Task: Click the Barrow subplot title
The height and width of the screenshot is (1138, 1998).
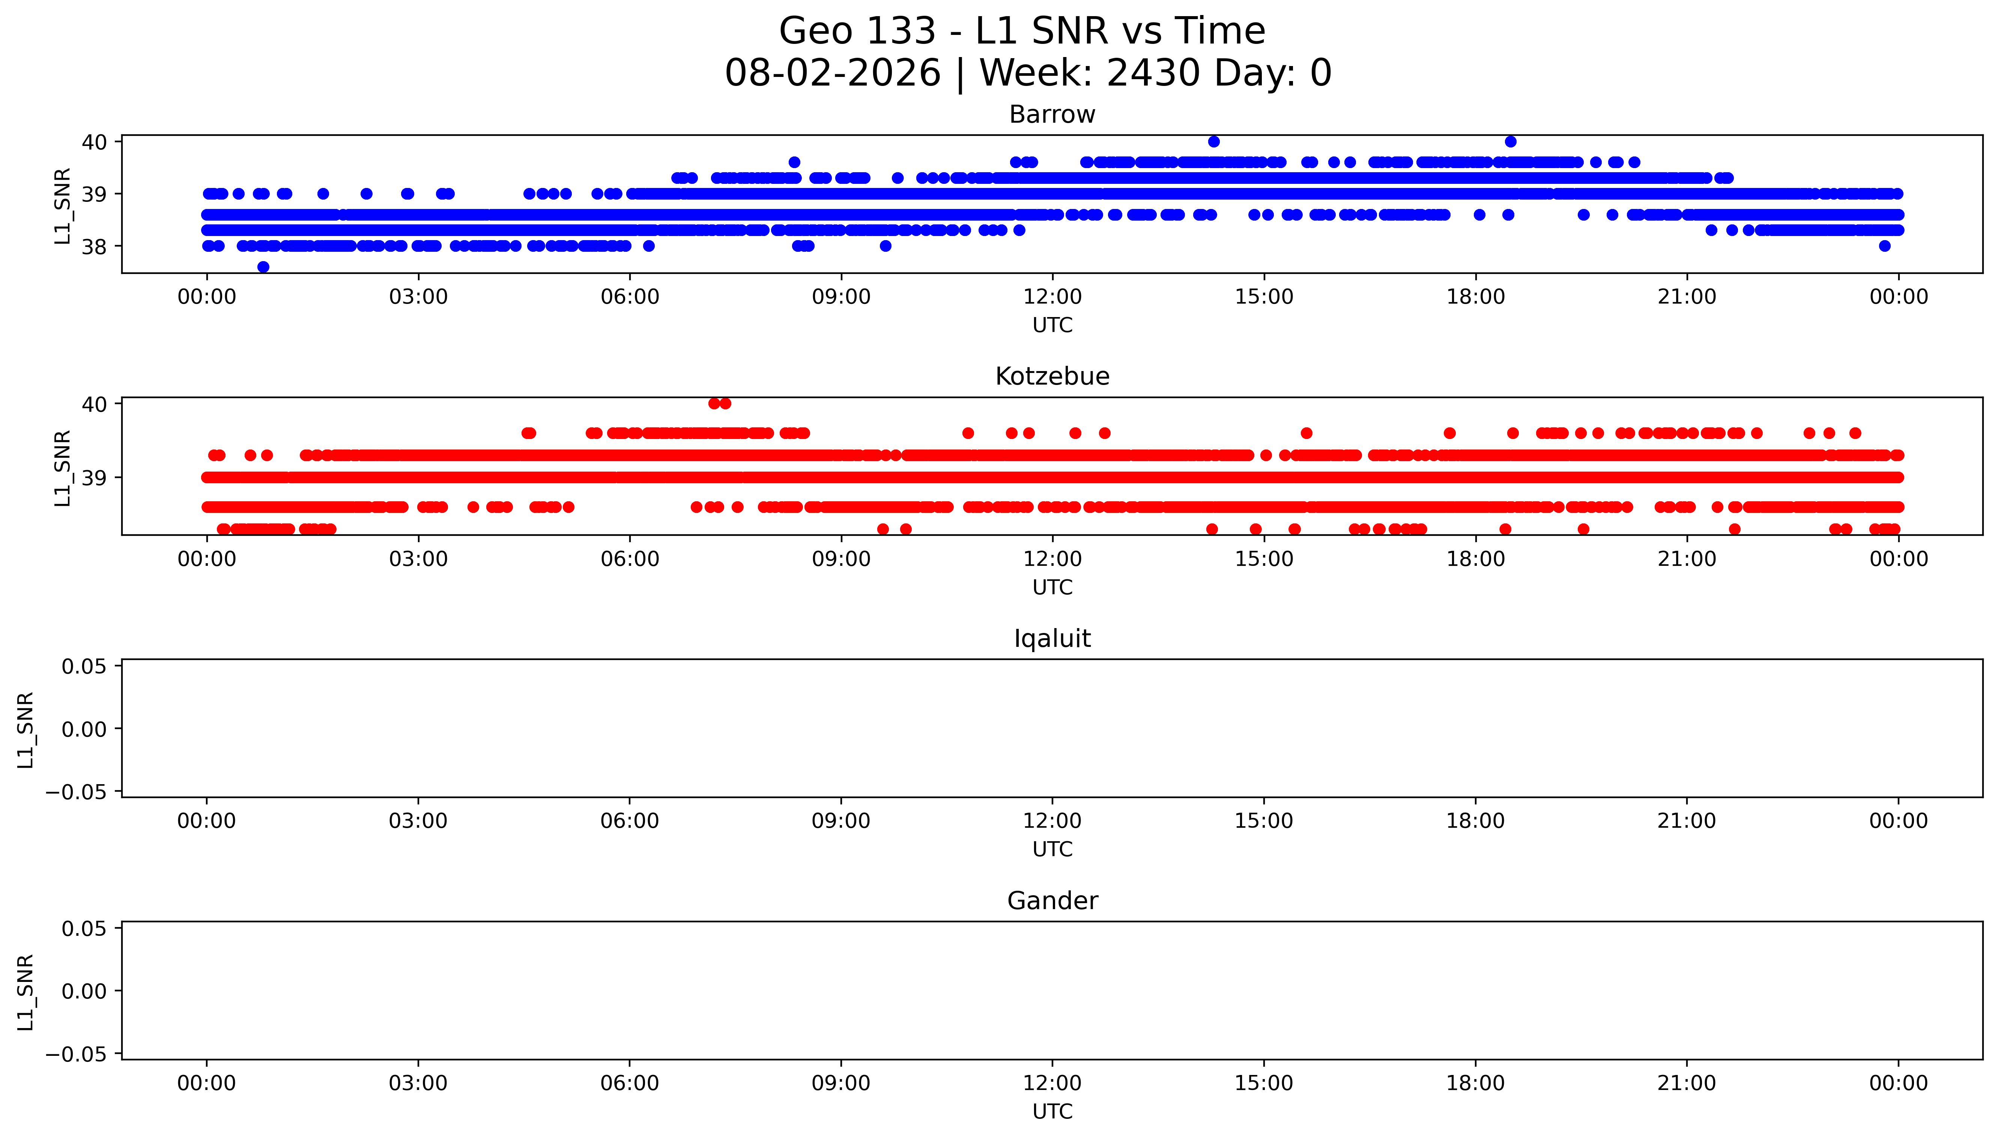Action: [x=1052, y=115]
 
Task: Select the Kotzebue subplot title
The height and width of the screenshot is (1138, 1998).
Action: [x=1052, y=377]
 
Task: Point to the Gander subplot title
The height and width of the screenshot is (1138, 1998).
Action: [x=1052, y=901]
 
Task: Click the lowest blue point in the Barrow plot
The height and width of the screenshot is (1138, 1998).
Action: [x=263, y=266]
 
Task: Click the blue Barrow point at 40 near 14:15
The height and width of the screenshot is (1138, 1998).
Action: [x=1213, y=141]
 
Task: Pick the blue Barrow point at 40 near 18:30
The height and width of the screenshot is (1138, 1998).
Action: [x=1511, y=141]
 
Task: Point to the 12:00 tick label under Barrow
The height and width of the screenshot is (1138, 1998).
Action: [x=1052, y=297]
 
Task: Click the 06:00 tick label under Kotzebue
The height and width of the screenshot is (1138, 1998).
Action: [x=630, y=559]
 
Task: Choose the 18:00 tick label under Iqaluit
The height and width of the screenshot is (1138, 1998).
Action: [x=1475, y=821]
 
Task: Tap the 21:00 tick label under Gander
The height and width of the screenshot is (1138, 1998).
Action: [x=1687, y=1083]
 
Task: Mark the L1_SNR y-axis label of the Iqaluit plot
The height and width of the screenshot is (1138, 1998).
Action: [x=26, y=730]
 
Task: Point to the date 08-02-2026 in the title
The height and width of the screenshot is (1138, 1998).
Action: [x=833, y=73]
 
